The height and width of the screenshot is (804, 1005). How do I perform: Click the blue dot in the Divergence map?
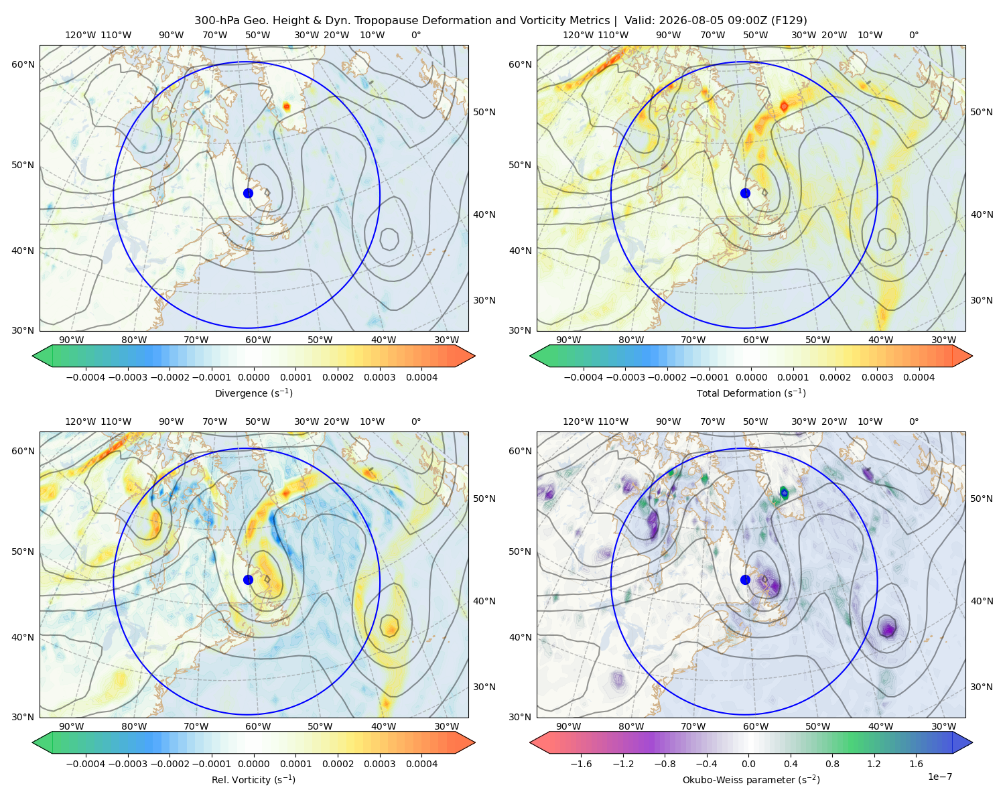click(248, 194)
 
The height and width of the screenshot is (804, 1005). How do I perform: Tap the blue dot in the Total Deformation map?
click(745, 194)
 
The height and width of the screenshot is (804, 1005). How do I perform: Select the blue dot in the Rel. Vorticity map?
click(248, 580)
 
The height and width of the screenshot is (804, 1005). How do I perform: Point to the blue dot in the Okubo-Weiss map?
click(745, 580)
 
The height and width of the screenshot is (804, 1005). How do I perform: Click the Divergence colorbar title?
click(253, 393)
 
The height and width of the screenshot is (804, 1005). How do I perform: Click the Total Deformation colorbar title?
click(751, 393)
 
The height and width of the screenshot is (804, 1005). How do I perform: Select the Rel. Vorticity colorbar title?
click(253, 780)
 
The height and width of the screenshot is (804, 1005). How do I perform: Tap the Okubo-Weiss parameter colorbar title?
click(751, 780)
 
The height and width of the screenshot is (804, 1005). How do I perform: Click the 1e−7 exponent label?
click(939, 777)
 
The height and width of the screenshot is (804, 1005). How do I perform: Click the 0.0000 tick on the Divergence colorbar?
click(253, 377)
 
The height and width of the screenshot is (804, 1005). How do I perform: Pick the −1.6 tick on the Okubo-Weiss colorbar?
click(582, 764)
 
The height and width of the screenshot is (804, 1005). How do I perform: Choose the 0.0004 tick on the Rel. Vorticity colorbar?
click(421, 764)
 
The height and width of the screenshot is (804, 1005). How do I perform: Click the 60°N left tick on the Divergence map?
click(23, 64)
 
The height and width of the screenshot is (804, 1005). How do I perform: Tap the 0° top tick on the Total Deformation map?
click(913, 35)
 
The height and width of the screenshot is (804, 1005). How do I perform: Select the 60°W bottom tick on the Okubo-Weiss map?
click(756, 726)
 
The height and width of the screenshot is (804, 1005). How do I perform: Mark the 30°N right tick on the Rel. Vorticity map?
click(484, 687)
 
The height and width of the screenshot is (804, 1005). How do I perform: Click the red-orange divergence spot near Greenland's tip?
click(286, 107)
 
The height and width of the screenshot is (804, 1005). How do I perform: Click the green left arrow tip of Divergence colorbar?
click(33, 356)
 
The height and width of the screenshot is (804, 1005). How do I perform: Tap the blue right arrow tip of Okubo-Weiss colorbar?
click(972, 742)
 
